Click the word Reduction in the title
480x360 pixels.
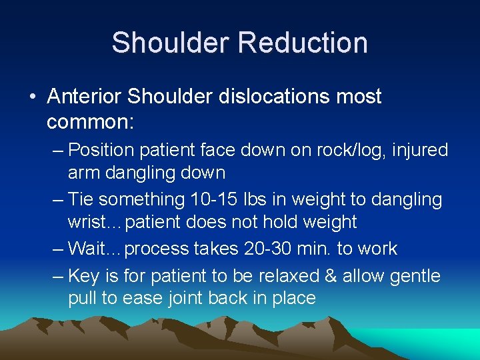303,43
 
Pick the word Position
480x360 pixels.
102,150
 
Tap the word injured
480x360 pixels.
419,150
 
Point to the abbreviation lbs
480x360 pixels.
231,199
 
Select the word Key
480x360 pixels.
83,275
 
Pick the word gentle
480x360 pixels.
416,275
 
